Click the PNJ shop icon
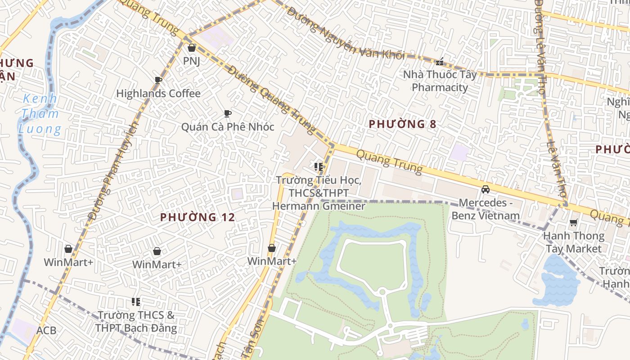(192, 48)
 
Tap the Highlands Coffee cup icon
(158, 81)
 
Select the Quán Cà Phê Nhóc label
(227, 127)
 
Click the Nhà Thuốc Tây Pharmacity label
(440, 81)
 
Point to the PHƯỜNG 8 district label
(402, 124)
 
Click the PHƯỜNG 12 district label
(198, 217)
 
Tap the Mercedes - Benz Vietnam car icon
(486, 189)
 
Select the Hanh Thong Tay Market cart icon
(573, 223)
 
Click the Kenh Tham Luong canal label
(40, 114)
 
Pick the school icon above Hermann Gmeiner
(319, 167)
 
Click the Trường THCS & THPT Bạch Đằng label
(136, 321)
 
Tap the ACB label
(46, 331)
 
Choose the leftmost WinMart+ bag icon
(68, 249)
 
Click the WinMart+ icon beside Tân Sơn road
(271, 248)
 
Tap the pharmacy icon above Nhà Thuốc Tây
(440, 62)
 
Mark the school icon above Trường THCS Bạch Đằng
(136, 301)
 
